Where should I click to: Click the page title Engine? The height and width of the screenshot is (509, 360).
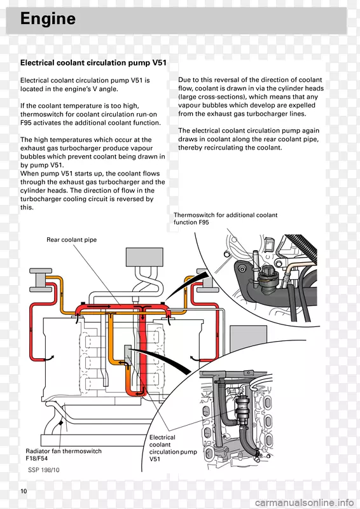[48, 18]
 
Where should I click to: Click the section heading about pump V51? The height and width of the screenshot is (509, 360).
[93, 62]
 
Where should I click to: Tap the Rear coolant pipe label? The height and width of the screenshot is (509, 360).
[71, 240]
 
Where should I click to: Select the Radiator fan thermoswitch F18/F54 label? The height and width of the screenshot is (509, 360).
[64, 454]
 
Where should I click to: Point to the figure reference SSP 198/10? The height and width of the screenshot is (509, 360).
[43, 470]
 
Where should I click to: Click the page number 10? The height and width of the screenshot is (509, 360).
[24, 491]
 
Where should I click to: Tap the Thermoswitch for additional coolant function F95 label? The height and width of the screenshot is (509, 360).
[225, 218]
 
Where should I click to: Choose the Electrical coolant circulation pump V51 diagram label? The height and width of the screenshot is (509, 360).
[173, 448]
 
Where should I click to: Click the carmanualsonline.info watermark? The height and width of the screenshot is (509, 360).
[304, 503]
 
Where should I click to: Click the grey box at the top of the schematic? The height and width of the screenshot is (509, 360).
[144, 257]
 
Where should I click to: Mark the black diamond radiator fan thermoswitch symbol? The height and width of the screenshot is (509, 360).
[60, 423]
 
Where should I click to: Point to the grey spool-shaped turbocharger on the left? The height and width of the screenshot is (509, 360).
[41, 280]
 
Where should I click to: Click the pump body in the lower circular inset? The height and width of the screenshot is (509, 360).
[242, 409]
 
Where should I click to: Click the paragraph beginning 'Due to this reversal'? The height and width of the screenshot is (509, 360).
[251, 97]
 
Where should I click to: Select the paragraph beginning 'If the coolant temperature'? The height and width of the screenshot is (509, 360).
[90, 115]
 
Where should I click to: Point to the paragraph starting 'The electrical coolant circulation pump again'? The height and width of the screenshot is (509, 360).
[249, 139]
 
